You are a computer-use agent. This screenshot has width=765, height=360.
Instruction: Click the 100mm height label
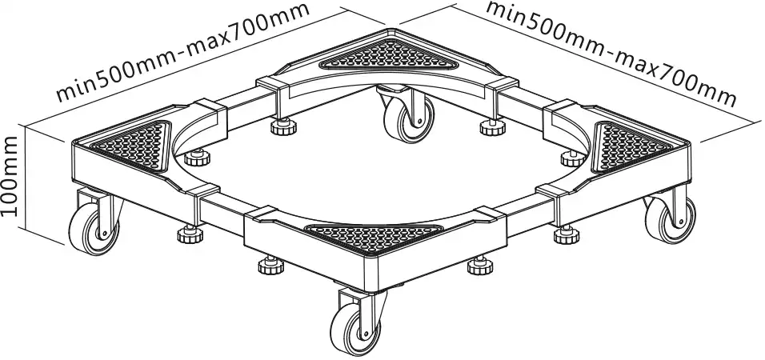10,177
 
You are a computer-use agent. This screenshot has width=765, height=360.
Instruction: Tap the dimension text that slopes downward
611,53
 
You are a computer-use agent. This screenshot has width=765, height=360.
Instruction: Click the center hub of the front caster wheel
362,333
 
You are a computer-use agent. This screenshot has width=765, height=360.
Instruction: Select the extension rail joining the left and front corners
222,209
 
